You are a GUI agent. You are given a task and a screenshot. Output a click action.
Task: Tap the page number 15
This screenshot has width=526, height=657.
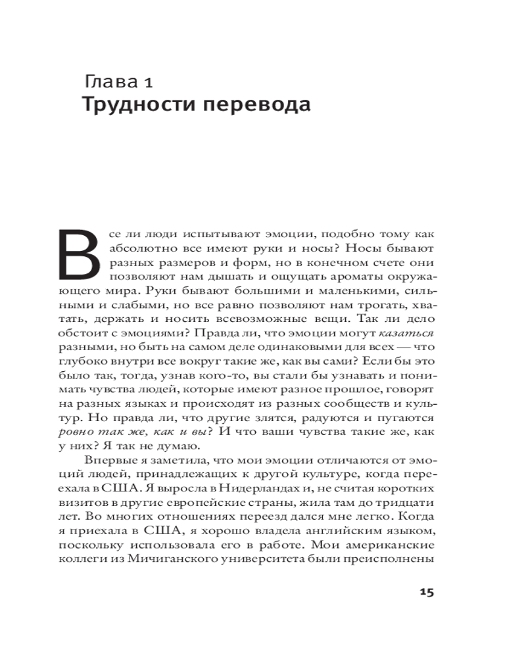tap(425, 591)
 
